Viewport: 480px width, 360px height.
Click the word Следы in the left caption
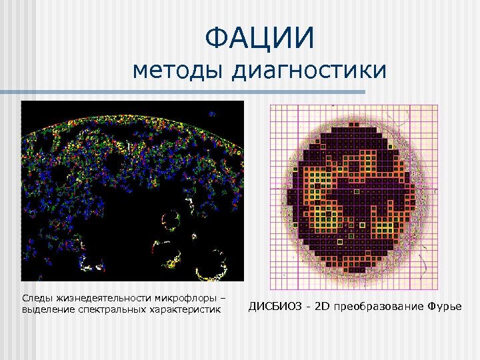coord(35,297)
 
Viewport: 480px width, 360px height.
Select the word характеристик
coord(179,310)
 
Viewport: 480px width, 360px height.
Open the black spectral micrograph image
coord(133,191)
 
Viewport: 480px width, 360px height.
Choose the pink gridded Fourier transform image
coord(353,197)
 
